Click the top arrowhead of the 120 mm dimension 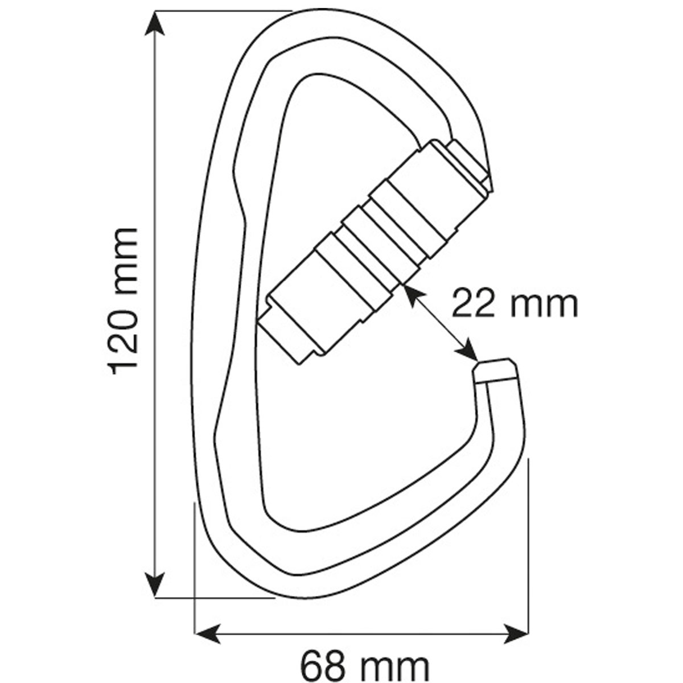click(155, 23)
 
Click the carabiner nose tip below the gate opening click(495, 371)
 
